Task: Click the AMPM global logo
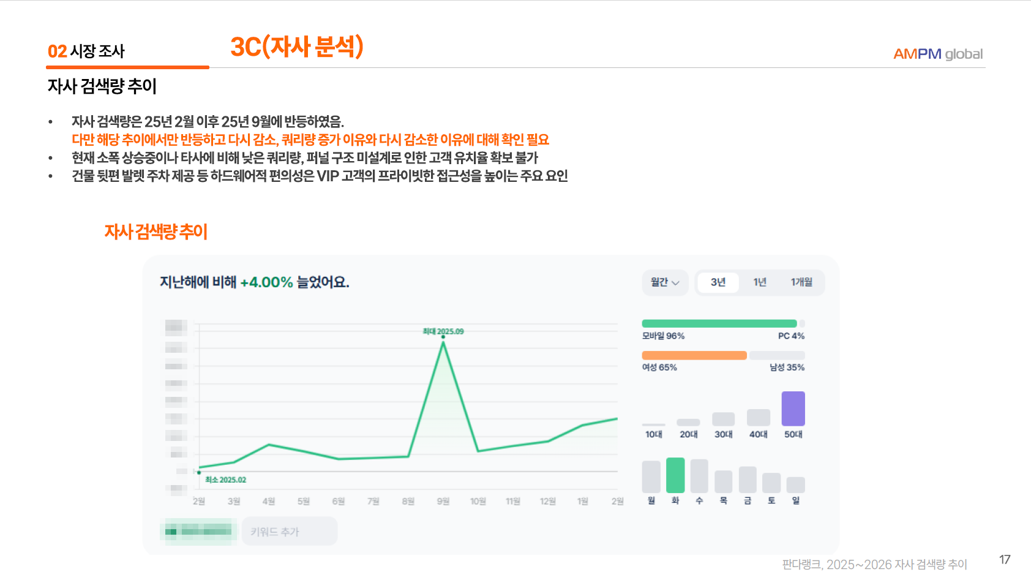coord(937,54)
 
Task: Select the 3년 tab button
coord(718,282)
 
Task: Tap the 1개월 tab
coord(801,282)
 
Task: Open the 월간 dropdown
coord(665,282)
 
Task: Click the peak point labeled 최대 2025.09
coord(443,337)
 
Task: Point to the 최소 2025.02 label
coord(225,480)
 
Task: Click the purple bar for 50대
coord(793,409)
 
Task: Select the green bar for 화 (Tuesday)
coord(675,475)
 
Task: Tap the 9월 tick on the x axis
coord(443,502)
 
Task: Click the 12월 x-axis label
coord(547,502)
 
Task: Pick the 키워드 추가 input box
coord(289,532)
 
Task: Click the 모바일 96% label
coord(663,336)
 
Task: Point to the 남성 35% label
coord(787,367)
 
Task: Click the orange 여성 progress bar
coord(694,355)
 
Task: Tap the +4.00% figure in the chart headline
coord(266,282)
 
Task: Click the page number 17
coord(1005,560)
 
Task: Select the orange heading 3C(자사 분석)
coord(297,47)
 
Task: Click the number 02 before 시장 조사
coord(57,51)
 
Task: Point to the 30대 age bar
coord(723,419)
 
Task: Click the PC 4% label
coord(791,336)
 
